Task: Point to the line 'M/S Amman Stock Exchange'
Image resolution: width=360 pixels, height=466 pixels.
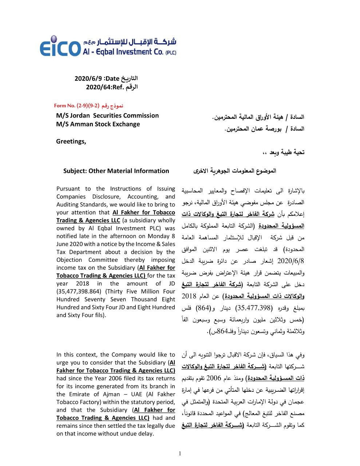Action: (x=98, y=124)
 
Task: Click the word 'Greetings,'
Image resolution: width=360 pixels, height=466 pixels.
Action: (x=71, y=142)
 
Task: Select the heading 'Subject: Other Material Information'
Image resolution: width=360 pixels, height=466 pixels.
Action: (x=116, y=171)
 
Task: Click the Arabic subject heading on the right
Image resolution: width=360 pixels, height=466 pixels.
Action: (x=235, y=171)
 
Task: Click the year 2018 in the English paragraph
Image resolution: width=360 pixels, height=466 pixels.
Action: (x=83, y=284)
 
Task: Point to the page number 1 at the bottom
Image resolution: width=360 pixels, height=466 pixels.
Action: (x=180, y=454)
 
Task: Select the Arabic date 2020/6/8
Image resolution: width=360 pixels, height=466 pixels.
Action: (x=290, y=261)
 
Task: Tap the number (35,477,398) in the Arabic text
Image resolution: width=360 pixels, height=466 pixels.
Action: (x=254, y=308)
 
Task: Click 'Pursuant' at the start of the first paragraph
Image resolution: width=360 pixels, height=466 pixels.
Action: (x=68, y=189)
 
